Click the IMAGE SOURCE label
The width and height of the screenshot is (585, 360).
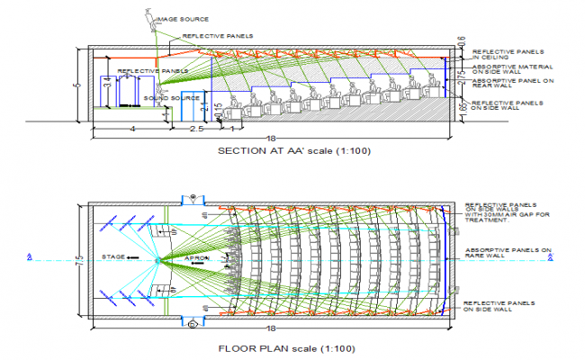click(183, 19)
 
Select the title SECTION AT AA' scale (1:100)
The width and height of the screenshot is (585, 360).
click(293, 151)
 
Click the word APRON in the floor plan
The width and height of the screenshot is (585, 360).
click(198, 257)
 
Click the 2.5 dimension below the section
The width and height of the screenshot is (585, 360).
click(194, 130)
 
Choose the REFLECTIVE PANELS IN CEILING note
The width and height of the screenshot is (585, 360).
click(507, 56)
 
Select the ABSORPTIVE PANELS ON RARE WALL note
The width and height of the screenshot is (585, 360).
click(507, 254)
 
